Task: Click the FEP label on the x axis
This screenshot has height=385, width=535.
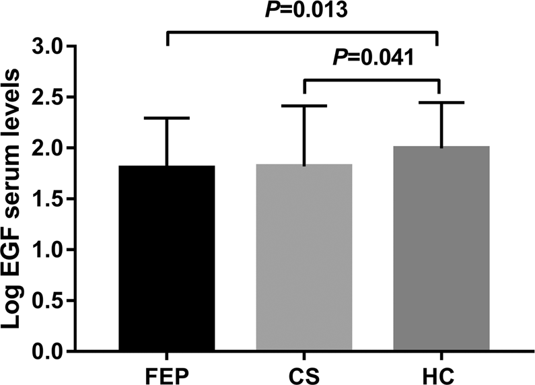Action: (167, 372)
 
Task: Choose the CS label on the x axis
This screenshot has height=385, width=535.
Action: (304, 372)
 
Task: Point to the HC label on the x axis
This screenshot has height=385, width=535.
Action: (441, 372)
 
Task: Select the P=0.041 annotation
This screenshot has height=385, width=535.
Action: (373, 59)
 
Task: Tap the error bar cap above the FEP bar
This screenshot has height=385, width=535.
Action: (167, 118)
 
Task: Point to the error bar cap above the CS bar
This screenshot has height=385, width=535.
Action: (304, 106)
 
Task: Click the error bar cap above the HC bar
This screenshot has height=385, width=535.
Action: (441, 102)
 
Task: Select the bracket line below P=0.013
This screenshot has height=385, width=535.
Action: (303, 31)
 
